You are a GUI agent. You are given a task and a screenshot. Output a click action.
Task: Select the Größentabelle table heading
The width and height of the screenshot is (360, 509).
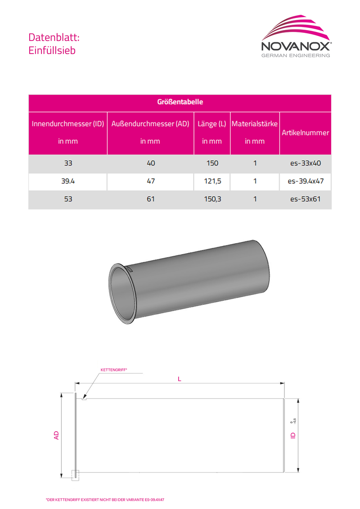click(180, 102)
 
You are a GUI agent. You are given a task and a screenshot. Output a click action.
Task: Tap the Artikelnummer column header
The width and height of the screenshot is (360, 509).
click(305, 133)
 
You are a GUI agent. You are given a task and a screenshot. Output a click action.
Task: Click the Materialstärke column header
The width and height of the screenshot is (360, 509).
click(254, 124)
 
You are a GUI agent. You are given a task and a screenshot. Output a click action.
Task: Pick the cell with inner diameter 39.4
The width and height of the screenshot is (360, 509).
click(67, 182)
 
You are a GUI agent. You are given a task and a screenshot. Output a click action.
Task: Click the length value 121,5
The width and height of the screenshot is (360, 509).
click(212, 182)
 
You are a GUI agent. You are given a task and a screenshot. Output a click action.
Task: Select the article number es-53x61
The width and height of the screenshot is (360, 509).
click(305, 199)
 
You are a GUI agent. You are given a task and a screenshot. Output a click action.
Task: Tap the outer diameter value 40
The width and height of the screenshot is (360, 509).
click(150, 164)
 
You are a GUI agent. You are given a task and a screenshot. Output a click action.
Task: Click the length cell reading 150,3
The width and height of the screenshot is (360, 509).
click(212, 199)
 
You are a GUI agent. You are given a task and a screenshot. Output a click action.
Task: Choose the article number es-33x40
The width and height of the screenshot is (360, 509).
click(305, 164)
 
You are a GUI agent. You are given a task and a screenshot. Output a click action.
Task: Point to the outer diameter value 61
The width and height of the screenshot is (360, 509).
click(150, 199)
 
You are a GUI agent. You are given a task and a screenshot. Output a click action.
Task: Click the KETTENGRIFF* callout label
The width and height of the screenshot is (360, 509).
click(114, 370)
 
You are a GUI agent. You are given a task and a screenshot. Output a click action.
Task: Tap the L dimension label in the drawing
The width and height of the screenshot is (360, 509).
click(179, 379)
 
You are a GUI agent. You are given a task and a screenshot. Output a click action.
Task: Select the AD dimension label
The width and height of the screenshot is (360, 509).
click(57, 435)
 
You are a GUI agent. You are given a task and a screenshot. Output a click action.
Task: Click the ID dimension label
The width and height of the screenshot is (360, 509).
click(293, 435)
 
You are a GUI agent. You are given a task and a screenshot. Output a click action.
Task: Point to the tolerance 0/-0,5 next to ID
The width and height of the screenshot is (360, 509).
click(293, 421)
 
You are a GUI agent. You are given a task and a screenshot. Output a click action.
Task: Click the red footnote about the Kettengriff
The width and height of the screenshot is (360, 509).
click(105, 500)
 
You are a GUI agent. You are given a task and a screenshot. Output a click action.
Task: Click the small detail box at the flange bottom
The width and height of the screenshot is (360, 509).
click(75, 474)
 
